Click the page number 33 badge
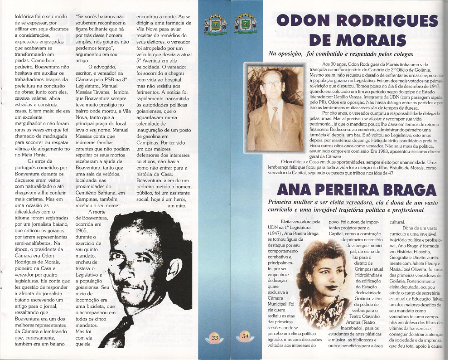[x=215, y=337]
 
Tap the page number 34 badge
[x=245, y=336]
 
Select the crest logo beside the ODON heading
[x=245, y=24]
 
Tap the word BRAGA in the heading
[x=405, y=189]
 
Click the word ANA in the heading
[x=295, y=189]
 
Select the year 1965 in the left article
[x=82, y=230]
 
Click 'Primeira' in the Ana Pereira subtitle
[x=283, y=202]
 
